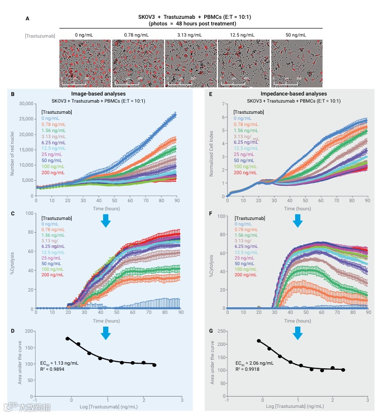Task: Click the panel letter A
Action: [27, 19]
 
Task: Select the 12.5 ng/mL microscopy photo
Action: [243, 63]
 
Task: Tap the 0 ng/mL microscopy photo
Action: [85, 63]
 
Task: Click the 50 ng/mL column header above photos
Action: [295, 35]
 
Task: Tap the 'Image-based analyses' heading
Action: [105, 94]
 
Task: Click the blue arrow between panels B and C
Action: [105, 220]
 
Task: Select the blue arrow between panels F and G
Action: [298, 333]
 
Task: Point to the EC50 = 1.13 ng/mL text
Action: [59, 363]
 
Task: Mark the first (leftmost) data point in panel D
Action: [68, 338]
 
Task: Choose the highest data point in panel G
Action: [259, 341]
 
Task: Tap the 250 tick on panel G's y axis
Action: [222, 331]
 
